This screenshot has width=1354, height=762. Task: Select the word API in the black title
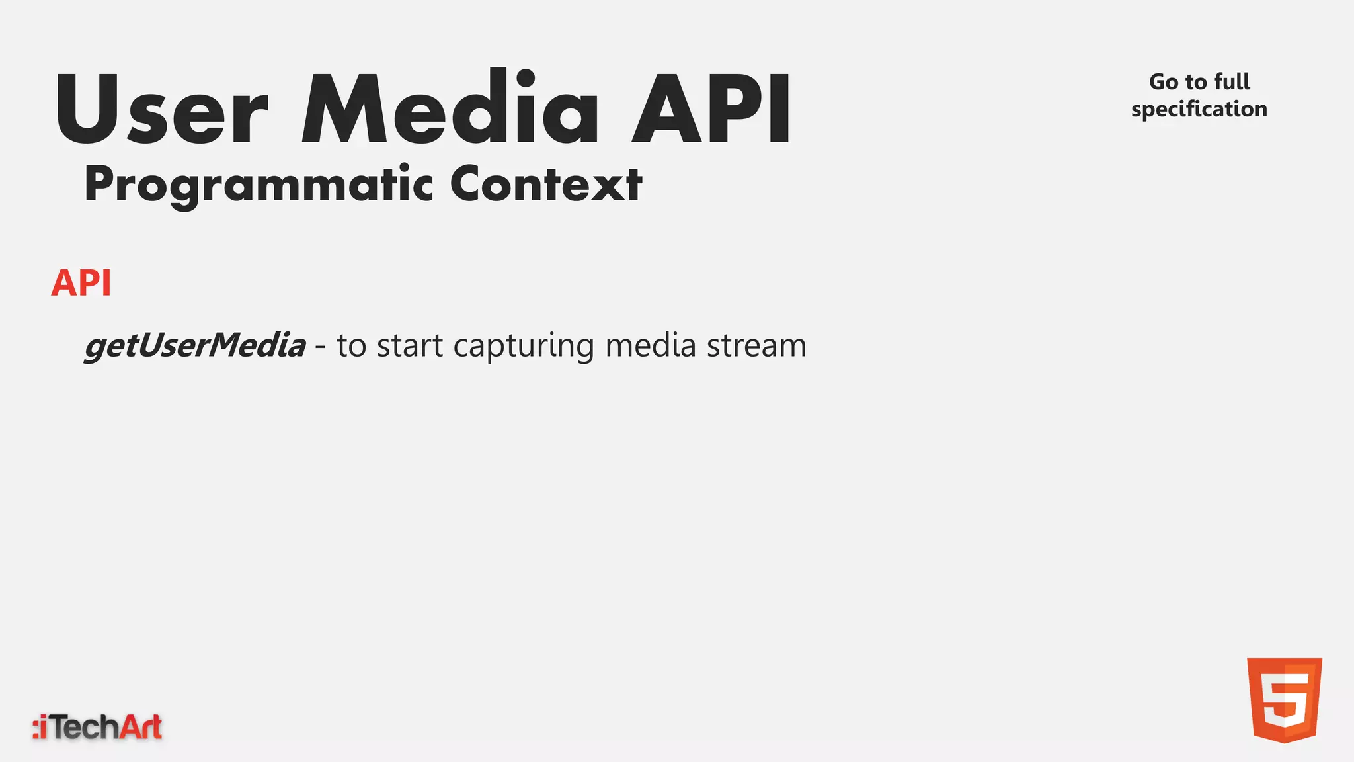click(711, 109)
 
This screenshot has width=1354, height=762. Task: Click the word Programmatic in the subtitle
click(259, 185)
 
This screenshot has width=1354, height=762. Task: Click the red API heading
click(81, 283)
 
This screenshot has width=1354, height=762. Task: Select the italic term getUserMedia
click(195, 345)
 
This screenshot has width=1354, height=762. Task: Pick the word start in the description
click(410, 345)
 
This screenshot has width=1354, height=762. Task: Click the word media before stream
click(651, 345)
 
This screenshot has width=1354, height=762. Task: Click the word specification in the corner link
click(1199, 109)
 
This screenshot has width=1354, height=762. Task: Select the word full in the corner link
click(1232, 82)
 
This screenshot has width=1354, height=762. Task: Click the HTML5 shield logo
click(1284, 700)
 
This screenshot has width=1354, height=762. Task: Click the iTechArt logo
click(98, 727)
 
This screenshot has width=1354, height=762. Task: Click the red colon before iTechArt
click(36, 728)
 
